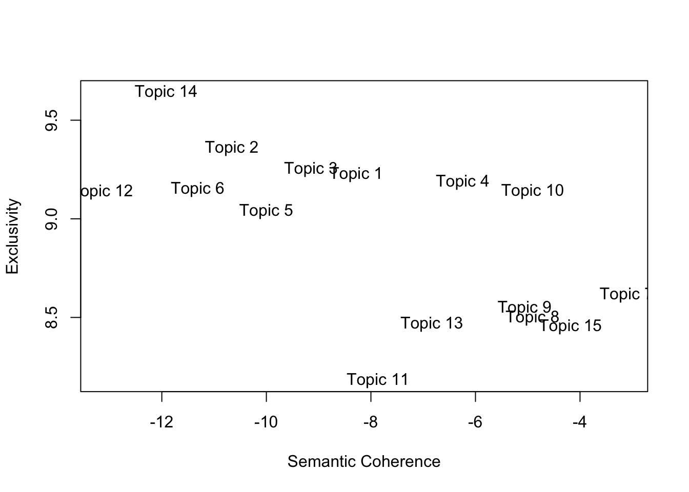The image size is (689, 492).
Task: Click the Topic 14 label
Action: click(x=166, y=92)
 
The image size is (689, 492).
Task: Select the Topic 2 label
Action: click(x=232, y=148)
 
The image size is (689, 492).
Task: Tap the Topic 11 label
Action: click(x=377, y=380)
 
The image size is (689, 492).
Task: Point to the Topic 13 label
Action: click(x=431, y=323)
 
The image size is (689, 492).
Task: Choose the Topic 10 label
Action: click(x=532, y=191)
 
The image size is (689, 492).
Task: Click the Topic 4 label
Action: click(x=462, y=181)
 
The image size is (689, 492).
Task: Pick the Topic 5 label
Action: click(x=266, y=211)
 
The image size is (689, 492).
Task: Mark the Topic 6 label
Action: click(x=197, y=189)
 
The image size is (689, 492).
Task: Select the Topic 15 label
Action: click(x=570, y=326)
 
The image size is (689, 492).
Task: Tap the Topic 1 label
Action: click(x=356, y=174)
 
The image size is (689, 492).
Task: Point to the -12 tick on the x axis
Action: click(x=161, y=422)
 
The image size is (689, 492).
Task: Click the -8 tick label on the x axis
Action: click(x=370, y=422)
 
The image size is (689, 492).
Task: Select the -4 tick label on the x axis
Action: click(x=579, y=422)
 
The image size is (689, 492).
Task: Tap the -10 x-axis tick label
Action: click(x=266, y=422)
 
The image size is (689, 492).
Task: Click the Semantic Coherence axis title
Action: click(x=363, y=462)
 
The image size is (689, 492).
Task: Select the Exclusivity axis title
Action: click(x=13, y=236)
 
